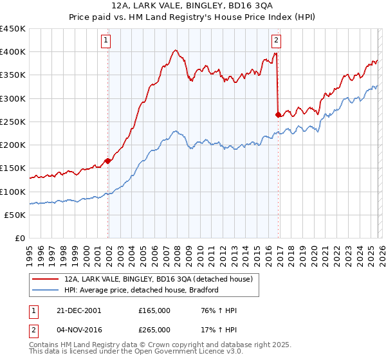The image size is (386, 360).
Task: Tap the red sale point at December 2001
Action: [108, 161]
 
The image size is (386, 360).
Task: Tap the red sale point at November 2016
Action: [278, 115]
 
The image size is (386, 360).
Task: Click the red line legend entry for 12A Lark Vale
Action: [161, 280]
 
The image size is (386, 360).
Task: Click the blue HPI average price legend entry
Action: [142, 290]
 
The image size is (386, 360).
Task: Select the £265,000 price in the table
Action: [154, 328]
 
